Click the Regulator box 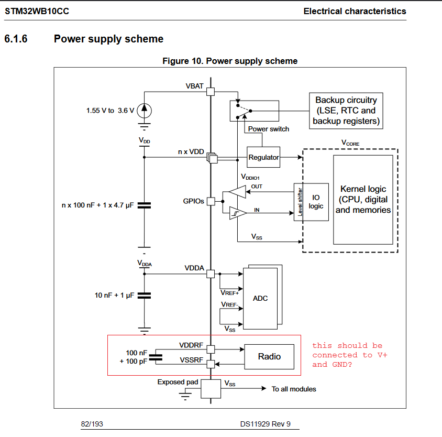264,157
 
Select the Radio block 269,357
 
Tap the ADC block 260,298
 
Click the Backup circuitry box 345,111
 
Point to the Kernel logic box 363,200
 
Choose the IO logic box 316,202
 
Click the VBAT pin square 211,92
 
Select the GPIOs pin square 211,201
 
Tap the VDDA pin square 211,274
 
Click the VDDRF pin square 211,349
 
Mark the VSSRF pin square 211,364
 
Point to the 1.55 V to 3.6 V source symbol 146,111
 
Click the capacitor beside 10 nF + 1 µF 144,296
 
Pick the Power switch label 268,129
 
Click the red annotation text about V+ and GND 349,355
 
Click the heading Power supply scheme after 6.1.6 108,39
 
